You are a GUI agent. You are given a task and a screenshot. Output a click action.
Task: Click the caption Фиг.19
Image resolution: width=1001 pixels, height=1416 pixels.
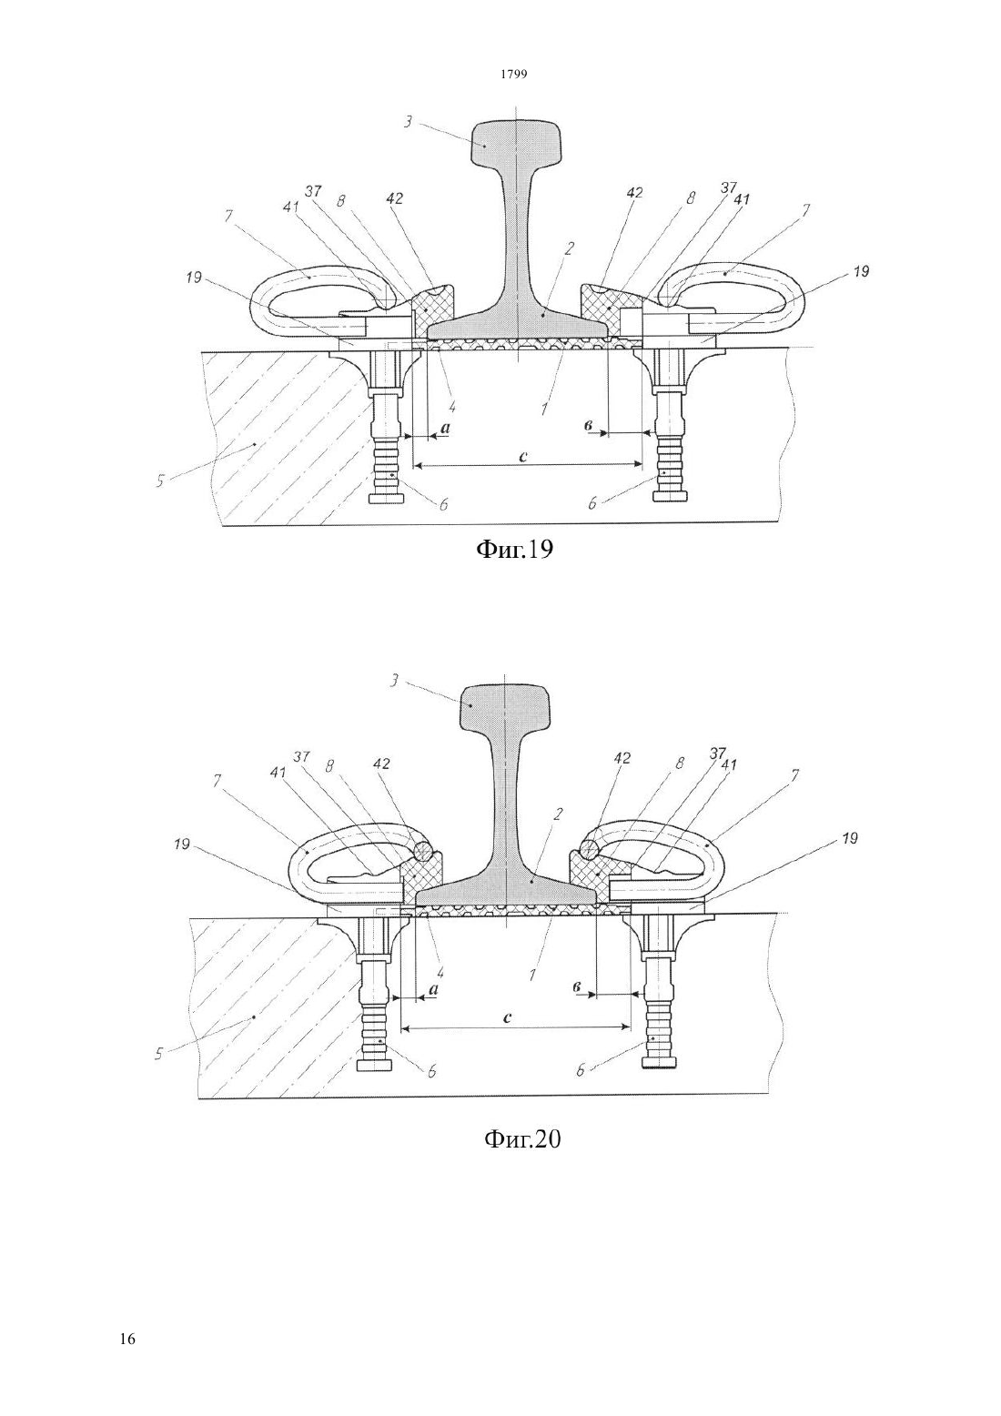point(514,550)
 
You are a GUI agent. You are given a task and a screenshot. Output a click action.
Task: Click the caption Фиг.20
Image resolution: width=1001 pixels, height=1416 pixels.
point(522,1138)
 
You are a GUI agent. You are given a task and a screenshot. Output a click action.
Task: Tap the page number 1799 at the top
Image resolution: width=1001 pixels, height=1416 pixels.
point(514,75)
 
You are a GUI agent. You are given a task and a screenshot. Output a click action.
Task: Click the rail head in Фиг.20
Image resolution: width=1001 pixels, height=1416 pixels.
point(506,706)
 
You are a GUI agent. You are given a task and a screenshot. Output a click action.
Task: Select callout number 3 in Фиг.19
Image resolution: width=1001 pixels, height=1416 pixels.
point(409,121)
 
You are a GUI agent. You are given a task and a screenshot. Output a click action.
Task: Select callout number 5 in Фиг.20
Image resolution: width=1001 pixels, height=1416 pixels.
point(158,1054)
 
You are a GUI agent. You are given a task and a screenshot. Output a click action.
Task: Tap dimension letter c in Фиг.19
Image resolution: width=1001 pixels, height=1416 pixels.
point(522,456)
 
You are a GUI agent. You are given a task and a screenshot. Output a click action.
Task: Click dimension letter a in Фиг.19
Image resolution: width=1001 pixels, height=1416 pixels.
point(444,428)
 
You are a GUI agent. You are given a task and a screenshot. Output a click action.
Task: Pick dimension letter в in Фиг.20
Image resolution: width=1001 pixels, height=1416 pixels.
point(578,987)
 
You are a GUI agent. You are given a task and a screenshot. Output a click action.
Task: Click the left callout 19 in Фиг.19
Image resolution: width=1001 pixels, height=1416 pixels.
point(194,277)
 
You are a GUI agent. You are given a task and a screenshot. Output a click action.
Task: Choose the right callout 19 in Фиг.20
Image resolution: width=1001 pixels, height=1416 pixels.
point(849,838)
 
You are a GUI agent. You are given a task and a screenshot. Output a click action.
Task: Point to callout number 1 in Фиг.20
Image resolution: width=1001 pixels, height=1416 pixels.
point(532,976)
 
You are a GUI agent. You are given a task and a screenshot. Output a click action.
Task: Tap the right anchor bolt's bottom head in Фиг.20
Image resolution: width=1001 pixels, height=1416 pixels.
point(661,1064)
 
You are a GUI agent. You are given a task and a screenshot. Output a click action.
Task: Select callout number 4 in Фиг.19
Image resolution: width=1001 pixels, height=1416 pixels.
point(452,405)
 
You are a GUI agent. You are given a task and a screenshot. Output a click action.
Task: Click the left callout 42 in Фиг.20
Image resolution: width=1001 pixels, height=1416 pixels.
point(381,764)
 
